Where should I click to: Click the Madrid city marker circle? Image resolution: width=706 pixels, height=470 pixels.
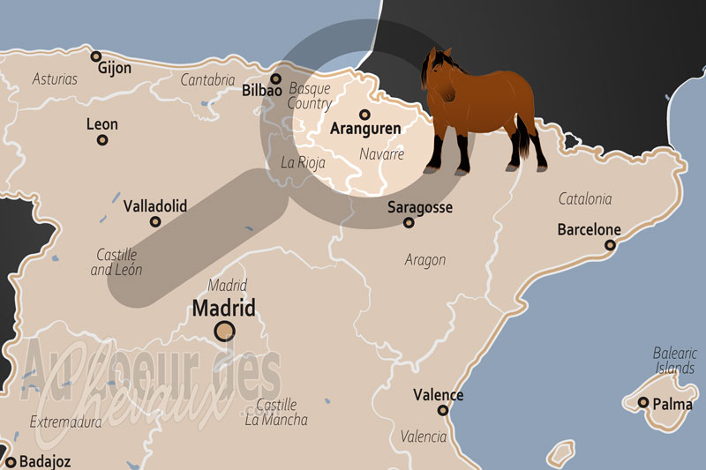click(225, 332)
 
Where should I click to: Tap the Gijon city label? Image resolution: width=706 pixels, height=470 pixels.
click(116, 67)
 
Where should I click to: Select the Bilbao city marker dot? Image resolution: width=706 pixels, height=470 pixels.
click(276, 78)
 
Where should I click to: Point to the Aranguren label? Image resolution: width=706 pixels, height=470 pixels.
click(364, 129)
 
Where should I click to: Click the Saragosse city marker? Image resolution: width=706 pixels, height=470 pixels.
click(409, 222)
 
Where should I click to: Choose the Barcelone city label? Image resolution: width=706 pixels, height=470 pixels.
click(589, 230)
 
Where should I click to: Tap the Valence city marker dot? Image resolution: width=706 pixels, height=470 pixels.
click(442, 410)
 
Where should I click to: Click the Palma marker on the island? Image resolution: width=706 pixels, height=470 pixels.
click(643, 403)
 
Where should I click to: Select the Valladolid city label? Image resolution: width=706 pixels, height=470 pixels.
click(155, 205)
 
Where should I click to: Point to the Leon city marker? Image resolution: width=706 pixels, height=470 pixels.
click(102, 140)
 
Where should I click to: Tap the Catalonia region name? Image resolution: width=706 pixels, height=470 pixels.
click(585, 199)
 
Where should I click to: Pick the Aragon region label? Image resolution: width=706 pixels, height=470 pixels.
click(425, 260)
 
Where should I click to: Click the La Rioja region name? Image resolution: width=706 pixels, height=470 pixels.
click(303, 163)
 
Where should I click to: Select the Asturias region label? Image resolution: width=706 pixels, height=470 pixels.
click(55, 79)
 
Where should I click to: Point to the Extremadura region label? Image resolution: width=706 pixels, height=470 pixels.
click(65, 422)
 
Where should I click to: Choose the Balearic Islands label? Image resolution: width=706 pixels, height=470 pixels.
click(675, 360)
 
